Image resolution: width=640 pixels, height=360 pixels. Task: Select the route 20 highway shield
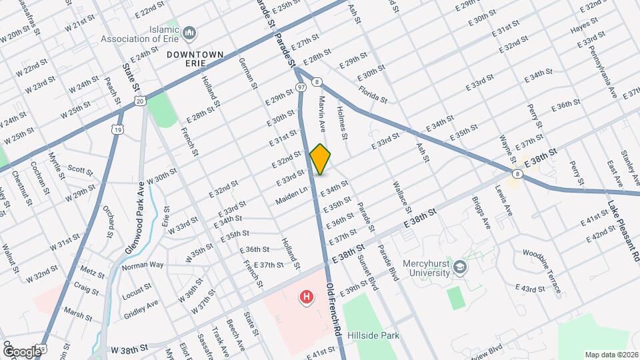[139, 100]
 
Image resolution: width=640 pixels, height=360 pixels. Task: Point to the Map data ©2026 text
[611, 355]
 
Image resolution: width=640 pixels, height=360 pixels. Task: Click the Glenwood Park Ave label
[134, 217]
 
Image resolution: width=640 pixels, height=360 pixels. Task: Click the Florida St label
[373, 94]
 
